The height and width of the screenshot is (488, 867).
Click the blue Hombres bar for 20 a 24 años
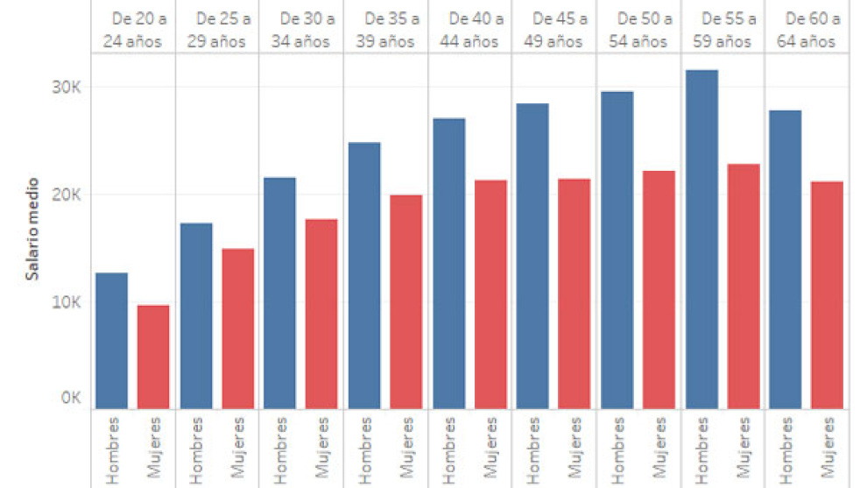click(111, 341)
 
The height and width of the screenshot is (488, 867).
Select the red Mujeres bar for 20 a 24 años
click(153, 357)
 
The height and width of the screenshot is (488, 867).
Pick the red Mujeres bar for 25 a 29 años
click(237, 329)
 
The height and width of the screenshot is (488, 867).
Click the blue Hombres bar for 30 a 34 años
click(280, 293)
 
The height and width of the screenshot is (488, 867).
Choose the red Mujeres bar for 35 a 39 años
click(405, 301)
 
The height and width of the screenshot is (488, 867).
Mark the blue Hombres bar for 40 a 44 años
click(448, 263)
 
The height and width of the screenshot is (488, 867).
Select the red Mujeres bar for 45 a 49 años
click(574, 294)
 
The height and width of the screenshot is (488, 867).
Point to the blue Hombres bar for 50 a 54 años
click(617, 250)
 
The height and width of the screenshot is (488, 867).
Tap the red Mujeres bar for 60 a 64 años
click(827, 294)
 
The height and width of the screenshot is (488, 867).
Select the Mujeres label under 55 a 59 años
click(744, 449)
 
